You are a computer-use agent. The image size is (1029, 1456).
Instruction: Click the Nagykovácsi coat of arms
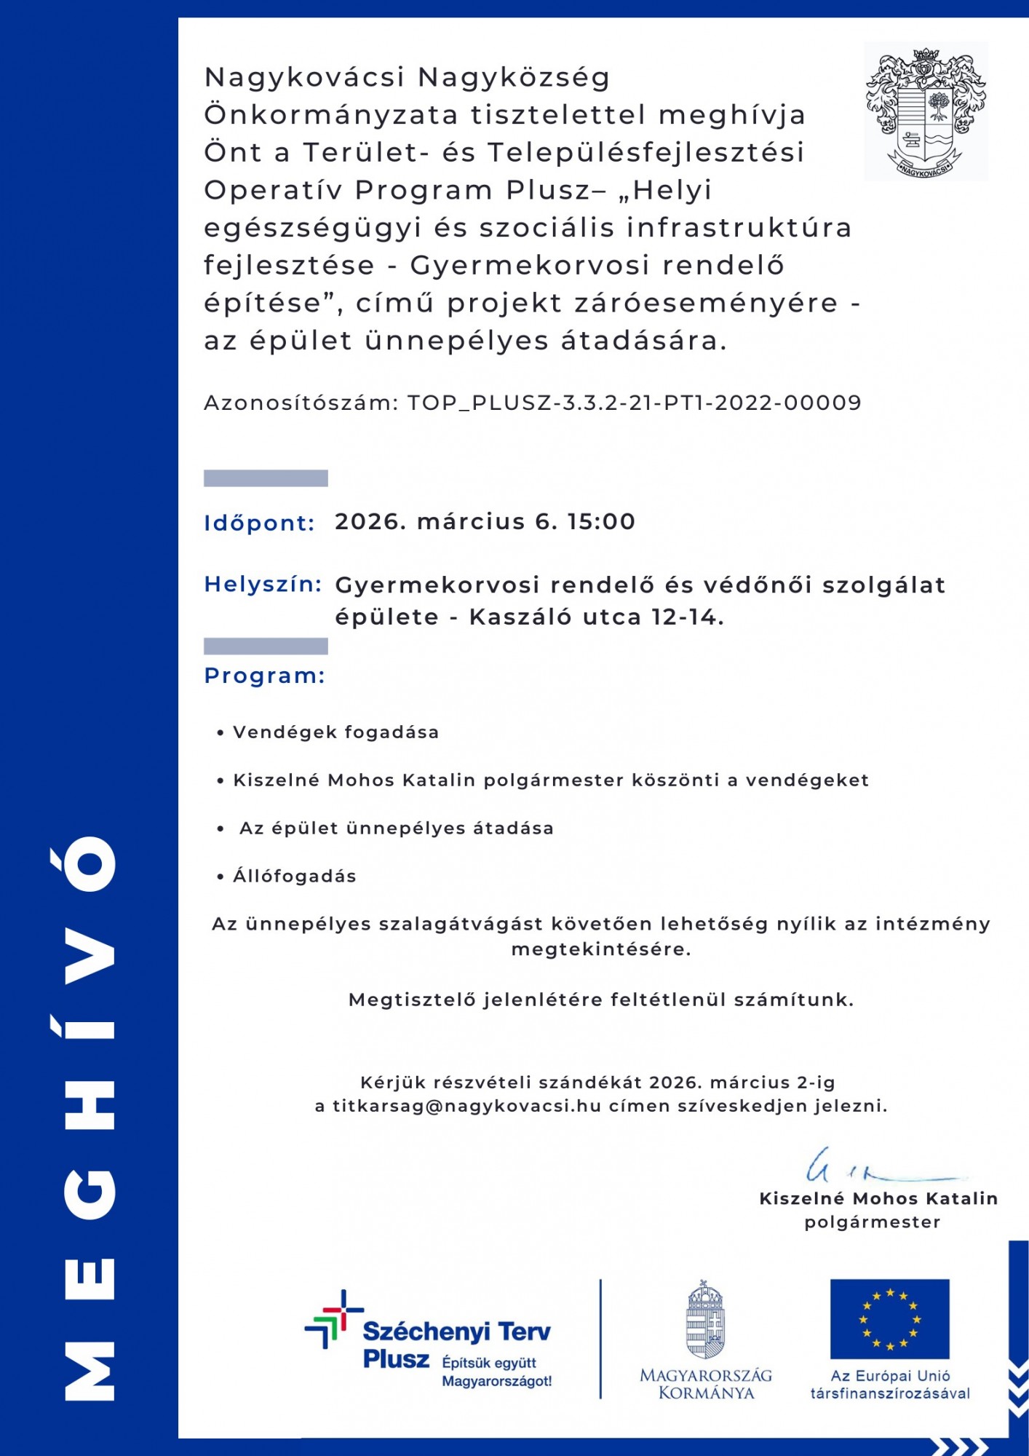[925, 111]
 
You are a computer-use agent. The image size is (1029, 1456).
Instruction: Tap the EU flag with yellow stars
[889, 1318]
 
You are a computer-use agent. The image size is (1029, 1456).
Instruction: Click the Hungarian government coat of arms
[705, 1320]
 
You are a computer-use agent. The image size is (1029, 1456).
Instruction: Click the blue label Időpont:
[259, 523]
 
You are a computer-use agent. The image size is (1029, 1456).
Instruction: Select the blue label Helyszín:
[263, 584]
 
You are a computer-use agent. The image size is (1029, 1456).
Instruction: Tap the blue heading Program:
[264, 676]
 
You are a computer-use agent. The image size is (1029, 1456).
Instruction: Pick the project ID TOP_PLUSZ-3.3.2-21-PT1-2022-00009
[634, 403]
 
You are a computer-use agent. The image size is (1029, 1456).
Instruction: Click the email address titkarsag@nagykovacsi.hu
[466, 1106]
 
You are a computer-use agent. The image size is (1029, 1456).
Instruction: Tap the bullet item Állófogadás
[294, 876]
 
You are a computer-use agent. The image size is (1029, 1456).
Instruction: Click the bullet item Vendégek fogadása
[335, 732]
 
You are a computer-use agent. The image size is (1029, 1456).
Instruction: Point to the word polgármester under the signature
[872, 1222]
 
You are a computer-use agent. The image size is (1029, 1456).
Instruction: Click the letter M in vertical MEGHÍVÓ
[90, 1372]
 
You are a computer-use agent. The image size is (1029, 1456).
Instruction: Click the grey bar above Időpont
[266, 478]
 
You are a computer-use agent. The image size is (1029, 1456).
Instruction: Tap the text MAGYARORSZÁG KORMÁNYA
[705, 1384]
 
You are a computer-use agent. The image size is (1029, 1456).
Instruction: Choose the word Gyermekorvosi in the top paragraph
[529, 266]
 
